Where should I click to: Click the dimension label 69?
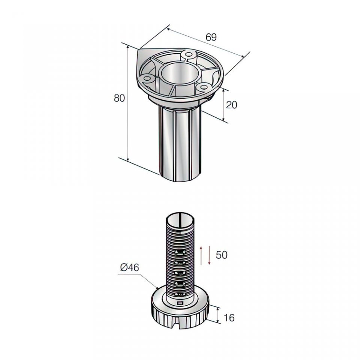pos(211,37)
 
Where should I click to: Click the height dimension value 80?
pos(119,98)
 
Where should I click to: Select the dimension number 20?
pos(231,105)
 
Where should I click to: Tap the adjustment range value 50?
pos(222,255)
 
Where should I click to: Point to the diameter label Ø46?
pos(129,267)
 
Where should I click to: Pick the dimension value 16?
pos(229,318)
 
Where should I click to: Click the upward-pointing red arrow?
pos(201,255)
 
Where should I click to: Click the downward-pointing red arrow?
pos(209,255)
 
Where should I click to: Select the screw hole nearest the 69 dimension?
pos(189,54)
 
